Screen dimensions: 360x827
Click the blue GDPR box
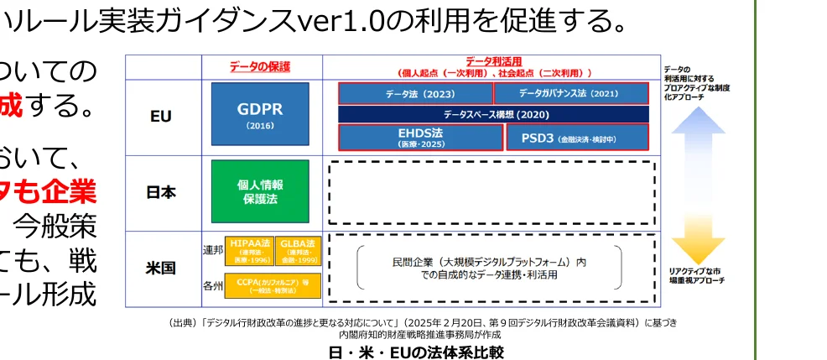tap(259, 116)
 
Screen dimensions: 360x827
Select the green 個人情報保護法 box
tap(259, 191)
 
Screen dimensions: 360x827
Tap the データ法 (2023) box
tap(415, 93)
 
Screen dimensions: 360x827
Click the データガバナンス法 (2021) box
tap(570, 93)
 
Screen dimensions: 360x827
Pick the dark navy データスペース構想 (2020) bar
tap(493, 114)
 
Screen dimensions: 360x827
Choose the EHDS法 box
tap(420, 137)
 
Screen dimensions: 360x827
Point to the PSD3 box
tap(577, 137)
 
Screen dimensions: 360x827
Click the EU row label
tap(161, 117)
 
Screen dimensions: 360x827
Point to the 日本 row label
tap(161, 192)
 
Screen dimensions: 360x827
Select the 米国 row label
tap(161, 269)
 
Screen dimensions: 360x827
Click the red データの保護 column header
tap(260, 66)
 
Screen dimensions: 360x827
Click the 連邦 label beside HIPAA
tap(212, 249)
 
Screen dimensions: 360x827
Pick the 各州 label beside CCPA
tap(212, 286)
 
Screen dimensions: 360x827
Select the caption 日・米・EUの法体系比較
tap(416, 352)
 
